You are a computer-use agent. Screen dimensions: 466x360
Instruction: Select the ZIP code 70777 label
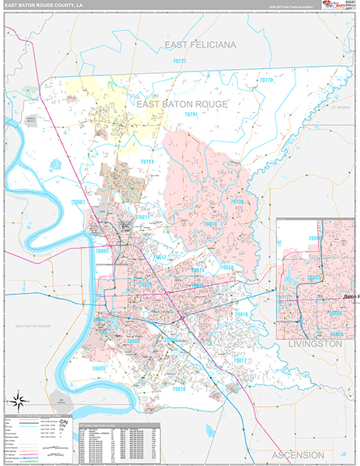click(180, 61)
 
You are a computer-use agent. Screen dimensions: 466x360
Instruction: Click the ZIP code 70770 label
click(267, 80)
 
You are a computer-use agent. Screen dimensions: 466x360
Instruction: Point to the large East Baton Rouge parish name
click(182, 103)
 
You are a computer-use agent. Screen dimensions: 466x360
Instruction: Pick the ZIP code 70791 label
click(192, 114)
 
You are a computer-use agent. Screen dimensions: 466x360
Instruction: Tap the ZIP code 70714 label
click(147, 162)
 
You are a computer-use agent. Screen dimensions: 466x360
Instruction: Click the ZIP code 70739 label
click(237, 201)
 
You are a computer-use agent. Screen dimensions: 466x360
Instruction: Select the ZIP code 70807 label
click(78, 202)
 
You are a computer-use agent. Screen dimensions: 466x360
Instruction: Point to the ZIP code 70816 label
click(241, 315)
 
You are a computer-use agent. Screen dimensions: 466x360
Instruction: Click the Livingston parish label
click(315, 343)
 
